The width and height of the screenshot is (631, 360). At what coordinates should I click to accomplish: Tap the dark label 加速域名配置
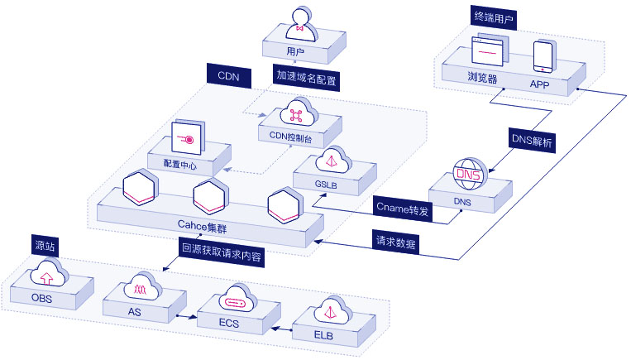(308, 75)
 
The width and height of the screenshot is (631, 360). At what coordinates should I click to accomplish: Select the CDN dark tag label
(228, 75)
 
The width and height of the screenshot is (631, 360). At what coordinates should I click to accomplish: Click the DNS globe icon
(466, 173)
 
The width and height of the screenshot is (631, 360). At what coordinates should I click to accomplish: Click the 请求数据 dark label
(395, 243)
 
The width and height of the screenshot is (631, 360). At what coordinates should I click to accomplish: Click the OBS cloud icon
(49, 275)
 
